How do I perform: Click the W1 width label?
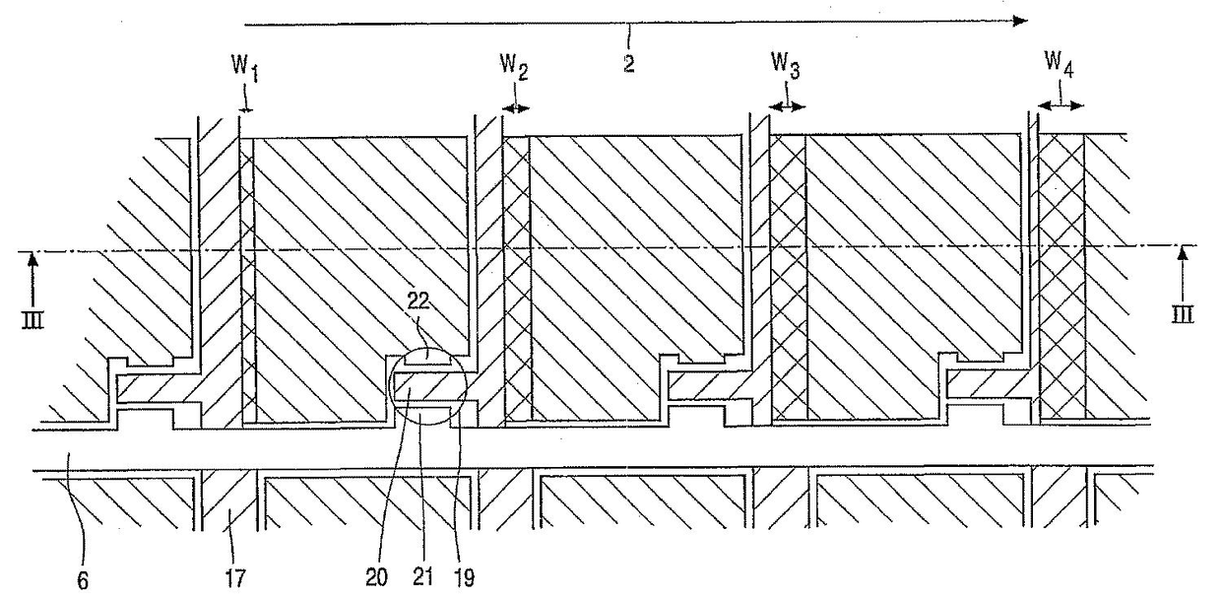coord(242,69)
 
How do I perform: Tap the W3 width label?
coord(786,70)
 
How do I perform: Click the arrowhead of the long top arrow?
coord(1020,21)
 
